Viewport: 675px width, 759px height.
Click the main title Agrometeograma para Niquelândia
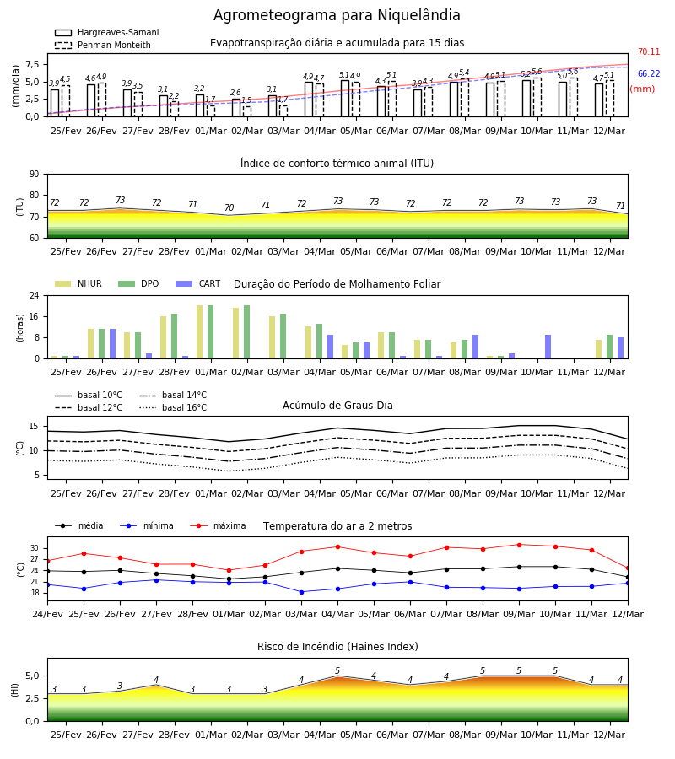pos(337,15)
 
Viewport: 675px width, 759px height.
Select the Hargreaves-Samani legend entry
pos(107,32)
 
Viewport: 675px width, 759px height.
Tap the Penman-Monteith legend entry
pos(103,45)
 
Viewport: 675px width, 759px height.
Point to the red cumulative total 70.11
pos(649,51)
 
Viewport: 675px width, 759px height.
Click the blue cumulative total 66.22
pos(649,73)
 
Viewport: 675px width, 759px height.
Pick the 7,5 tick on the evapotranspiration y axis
pos(32,64)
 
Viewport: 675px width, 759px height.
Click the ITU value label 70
pos(229,207)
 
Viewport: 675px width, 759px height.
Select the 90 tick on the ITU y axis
pos(35,174)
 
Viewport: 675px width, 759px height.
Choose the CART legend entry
pos(198,283)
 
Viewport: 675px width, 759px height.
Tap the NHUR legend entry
pos(78,283)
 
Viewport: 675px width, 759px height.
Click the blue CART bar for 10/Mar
pos(548,347)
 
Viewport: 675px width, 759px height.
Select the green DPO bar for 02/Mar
pos(247,332)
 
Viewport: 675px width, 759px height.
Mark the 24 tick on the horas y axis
pos(35,295)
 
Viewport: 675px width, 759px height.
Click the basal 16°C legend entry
pos(173,407)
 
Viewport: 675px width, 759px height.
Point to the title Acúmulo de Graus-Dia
pos(337,406)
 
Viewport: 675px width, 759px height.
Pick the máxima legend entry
pos(218,525)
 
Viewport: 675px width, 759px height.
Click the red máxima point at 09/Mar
pos(520,545)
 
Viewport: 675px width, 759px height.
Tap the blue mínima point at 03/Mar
pos(302,592)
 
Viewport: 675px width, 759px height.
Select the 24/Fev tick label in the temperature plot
pos(47,614)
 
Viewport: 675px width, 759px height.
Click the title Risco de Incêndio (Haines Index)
pos(337,647)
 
